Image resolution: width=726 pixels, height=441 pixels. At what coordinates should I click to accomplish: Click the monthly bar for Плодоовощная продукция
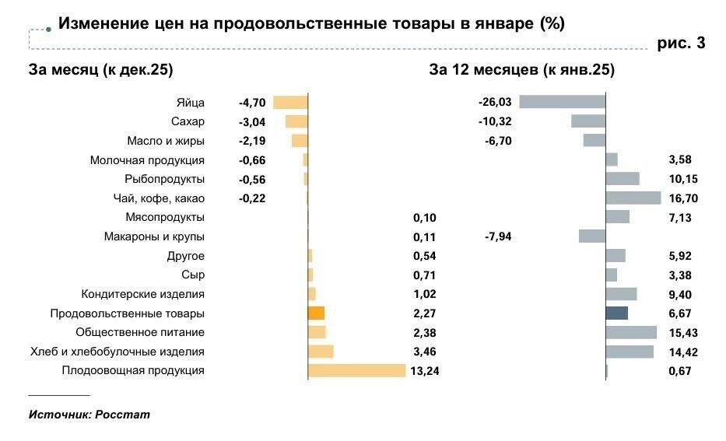pyautogui.click(x=357, y=370)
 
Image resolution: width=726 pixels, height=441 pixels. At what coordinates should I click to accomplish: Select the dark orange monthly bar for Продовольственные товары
pyautogui.click(x=316, y=313)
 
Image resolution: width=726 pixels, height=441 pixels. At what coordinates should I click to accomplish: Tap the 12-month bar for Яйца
pyautogui.click(x=562, y=102)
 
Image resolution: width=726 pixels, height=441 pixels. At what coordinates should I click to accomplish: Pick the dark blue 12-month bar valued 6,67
pyautogui.click(x=617, y=313)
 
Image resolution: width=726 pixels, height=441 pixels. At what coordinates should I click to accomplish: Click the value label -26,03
pyautogui.click(x=495, y=102)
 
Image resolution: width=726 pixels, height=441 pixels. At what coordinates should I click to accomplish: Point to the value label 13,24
pyautogui.click(x=424, y=371)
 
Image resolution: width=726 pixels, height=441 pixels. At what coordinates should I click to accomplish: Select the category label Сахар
pyautogui.click(x=188, y=121)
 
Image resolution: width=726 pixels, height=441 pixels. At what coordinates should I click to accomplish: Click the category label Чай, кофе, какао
pyautogui.click(x=160, y=198)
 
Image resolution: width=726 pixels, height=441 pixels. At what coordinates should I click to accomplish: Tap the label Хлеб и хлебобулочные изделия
pyautogui.click(x=117, y=352)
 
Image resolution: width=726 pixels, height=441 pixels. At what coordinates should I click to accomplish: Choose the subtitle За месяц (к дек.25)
pyautogui.click(x=100, y=70)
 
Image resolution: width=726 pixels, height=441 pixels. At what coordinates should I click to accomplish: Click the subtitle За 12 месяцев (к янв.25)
pyautogui.click(x=521, y=70)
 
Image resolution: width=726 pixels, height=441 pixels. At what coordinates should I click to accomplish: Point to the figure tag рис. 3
pyautogui.click(x=681, y=44)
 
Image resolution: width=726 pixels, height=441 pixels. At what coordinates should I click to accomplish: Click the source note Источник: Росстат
pyautogui.click(x=89, y=415)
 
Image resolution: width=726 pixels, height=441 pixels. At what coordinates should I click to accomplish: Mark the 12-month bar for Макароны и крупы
pyautogui.click(x=592, y=236)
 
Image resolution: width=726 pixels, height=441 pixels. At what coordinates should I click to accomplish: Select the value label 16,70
pyautogui.click(x=683, y=198)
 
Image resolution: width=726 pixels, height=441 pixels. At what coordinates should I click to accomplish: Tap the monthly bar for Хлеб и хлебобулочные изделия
pyautogui.click(x=321, y=352)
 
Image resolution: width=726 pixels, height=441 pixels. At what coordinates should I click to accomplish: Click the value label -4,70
pyautogui.click(x=252, y=102)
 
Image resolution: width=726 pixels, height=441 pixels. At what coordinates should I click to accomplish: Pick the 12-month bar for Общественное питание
pyautogui.click(x=631, y=332)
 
